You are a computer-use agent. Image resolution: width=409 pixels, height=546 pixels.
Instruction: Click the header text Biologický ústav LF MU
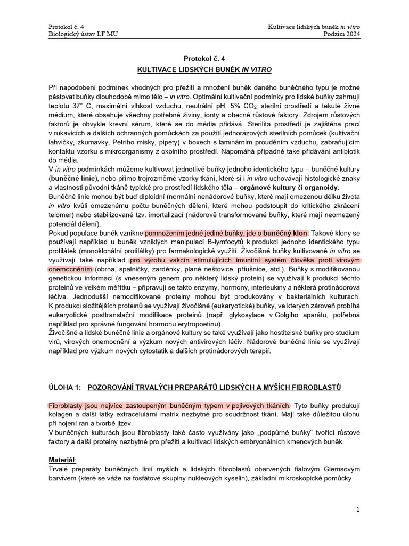[83, 35]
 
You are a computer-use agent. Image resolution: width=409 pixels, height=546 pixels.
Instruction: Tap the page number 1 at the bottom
[358, 510]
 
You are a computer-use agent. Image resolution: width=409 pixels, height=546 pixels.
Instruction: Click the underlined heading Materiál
[63, 459]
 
